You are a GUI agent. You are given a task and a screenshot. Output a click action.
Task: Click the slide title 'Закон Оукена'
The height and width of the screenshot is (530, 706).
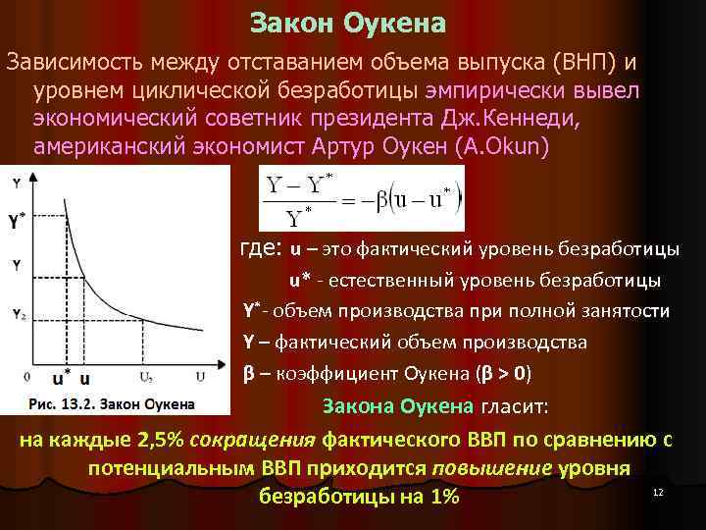[x=348, y=22]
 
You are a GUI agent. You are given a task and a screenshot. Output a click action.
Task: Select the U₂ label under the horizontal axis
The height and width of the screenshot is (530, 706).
[x=145, y=377]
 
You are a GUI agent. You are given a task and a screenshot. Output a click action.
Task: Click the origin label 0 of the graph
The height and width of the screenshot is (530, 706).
[x=26, y=376]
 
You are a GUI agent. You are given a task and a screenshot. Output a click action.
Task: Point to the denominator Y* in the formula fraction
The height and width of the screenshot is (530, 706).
[x=298, y=216]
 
